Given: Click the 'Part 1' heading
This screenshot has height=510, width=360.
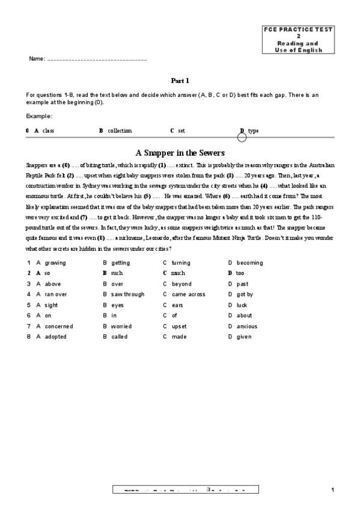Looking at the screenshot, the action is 180,80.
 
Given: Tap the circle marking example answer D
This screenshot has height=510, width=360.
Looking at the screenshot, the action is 242,137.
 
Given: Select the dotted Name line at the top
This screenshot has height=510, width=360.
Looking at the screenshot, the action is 96,60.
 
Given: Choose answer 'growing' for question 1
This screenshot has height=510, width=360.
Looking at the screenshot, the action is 55,263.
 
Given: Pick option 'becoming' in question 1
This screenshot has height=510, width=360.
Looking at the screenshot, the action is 249,263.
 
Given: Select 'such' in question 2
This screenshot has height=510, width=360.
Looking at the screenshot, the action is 117,273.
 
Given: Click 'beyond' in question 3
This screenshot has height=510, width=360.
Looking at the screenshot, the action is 182,284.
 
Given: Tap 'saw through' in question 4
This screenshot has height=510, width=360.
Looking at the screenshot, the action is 127,295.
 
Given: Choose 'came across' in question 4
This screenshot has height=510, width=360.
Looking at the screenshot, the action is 188,295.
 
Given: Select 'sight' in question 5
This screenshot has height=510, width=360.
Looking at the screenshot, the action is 52,305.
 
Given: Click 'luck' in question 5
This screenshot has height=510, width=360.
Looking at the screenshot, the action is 242,305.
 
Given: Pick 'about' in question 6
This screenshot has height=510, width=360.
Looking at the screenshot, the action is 244,315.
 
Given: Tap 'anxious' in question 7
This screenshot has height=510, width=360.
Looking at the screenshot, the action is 246,327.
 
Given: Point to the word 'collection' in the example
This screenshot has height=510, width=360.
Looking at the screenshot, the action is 120,131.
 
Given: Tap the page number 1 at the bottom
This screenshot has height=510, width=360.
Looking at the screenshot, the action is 332,490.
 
